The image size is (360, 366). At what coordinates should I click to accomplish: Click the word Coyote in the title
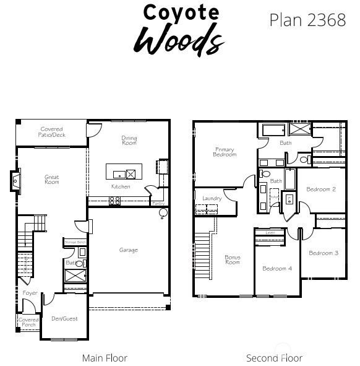tap(181, 12)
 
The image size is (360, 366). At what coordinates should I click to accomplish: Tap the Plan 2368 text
tap(307, 20)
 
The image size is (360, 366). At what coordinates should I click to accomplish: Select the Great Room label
tap(52, 180)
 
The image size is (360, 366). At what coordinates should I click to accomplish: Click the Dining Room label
tap(129, 141)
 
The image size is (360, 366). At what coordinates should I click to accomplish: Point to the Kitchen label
tap(121, 186)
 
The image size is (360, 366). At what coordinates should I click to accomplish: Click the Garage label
tap(129, 250)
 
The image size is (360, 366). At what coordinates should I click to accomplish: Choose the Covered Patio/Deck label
tap(52, 132)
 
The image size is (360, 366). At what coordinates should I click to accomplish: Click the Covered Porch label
tap(28, 322)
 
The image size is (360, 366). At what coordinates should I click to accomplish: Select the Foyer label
tap(30, 293)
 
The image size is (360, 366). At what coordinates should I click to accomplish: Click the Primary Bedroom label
tap(225, 151)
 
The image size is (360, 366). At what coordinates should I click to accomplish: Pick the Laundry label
tap(212, 198)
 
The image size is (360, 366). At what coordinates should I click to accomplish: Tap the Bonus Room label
tap(233, 259)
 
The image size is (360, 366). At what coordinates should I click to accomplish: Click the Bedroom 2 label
tap(321, 189)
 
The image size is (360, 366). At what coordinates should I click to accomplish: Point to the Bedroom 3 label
tap(324, 253)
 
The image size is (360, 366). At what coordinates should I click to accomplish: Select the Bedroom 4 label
tap(276, 268)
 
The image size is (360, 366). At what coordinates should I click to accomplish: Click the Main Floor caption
tap(105, 358)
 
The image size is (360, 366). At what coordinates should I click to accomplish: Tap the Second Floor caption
tap(274, 358)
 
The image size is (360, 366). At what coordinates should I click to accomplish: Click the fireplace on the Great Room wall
tap(17, 180)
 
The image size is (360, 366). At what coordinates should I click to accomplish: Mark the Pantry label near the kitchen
tap(158, 203)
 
